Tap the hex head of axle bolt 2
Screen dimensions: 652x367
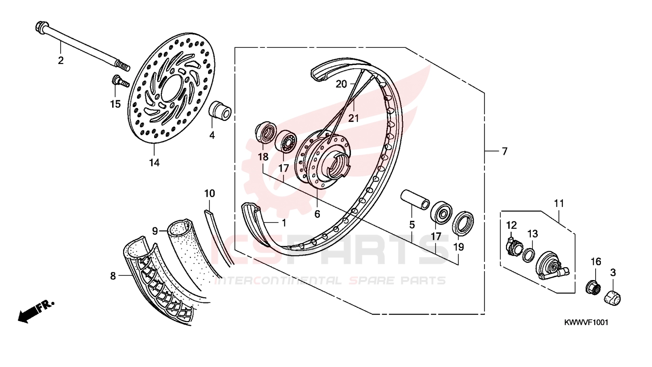pyautogui.click(x=40, y=27)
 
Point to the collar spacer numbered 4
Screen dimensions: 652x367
pyautogui.click(x=221, y=110)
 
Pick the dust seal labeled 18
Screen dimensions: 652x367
pyautogui.click(x=265, y=133)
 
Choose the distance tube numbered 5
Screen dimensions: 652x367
pyautogui.click(x=415, y=200)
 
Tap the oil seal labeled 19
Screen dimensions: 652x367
pyautogui.click(x=463, y=222)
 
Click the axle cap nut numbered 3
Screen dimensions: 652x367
pyautogui.click(x=612, y=298)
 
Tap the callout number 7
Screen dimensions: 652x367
pyautogui.click(x=505, y=151)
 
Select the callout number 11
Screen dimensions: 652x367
pyautogui.click(x=559, y=203)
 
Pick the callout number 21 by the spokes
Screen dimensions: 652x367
pyautogui.click(x=354, y=118)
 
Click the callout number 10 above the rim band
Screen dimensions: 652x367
pyautogui.click(x=210, y=193)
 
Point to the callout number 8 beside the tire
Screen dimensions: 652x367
pyautogui.click(x=113, y=275)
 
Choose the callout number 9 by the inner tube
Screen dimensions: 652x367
pyautogui.click(x=155, y=231)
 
